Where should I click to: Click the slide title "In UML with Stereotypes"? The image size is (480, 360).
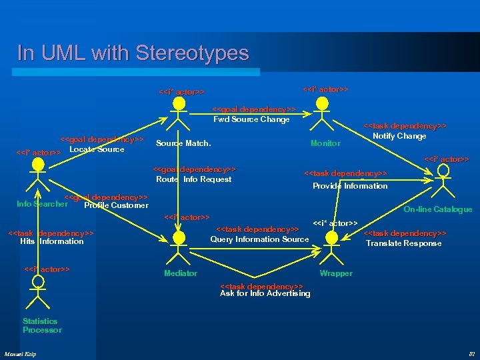[x=133, y=53]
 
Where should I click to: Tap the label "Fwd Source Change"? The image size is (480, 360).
[x=251, y=119]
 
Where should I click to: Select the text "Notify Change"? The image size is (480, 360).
[x=399, y=136]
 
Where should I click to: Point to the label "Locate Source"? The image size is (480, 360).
[x=97, y=149]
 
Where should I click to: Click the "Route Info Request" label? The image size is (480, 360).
[x=193, y=179]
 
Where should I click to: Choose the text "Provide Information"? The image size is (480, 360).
[x=350, y=186]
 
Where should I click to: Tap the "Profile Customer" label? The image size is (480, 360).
[x=116, y=205]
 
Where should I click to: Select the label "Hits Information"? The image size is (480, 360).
[x=52, y=241]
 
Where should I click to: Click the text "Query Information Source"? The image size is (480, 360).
[x=259, y=239]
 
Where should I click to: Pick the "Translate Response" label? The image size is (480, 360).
[x=403, y=243]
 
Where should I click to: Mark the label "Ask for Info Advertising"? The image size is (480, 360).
[x=265, y=293]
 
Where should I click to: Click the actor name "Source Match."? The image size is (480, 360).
[x=183, y=143]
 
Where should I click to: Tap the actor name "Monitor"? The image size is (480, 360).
[x=325, y=143]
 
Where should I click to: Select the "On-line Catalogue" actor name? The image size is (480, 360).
[x=438, y=209]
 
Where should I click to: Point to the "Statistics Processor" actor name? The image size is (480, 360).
[x=41, y=325]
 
